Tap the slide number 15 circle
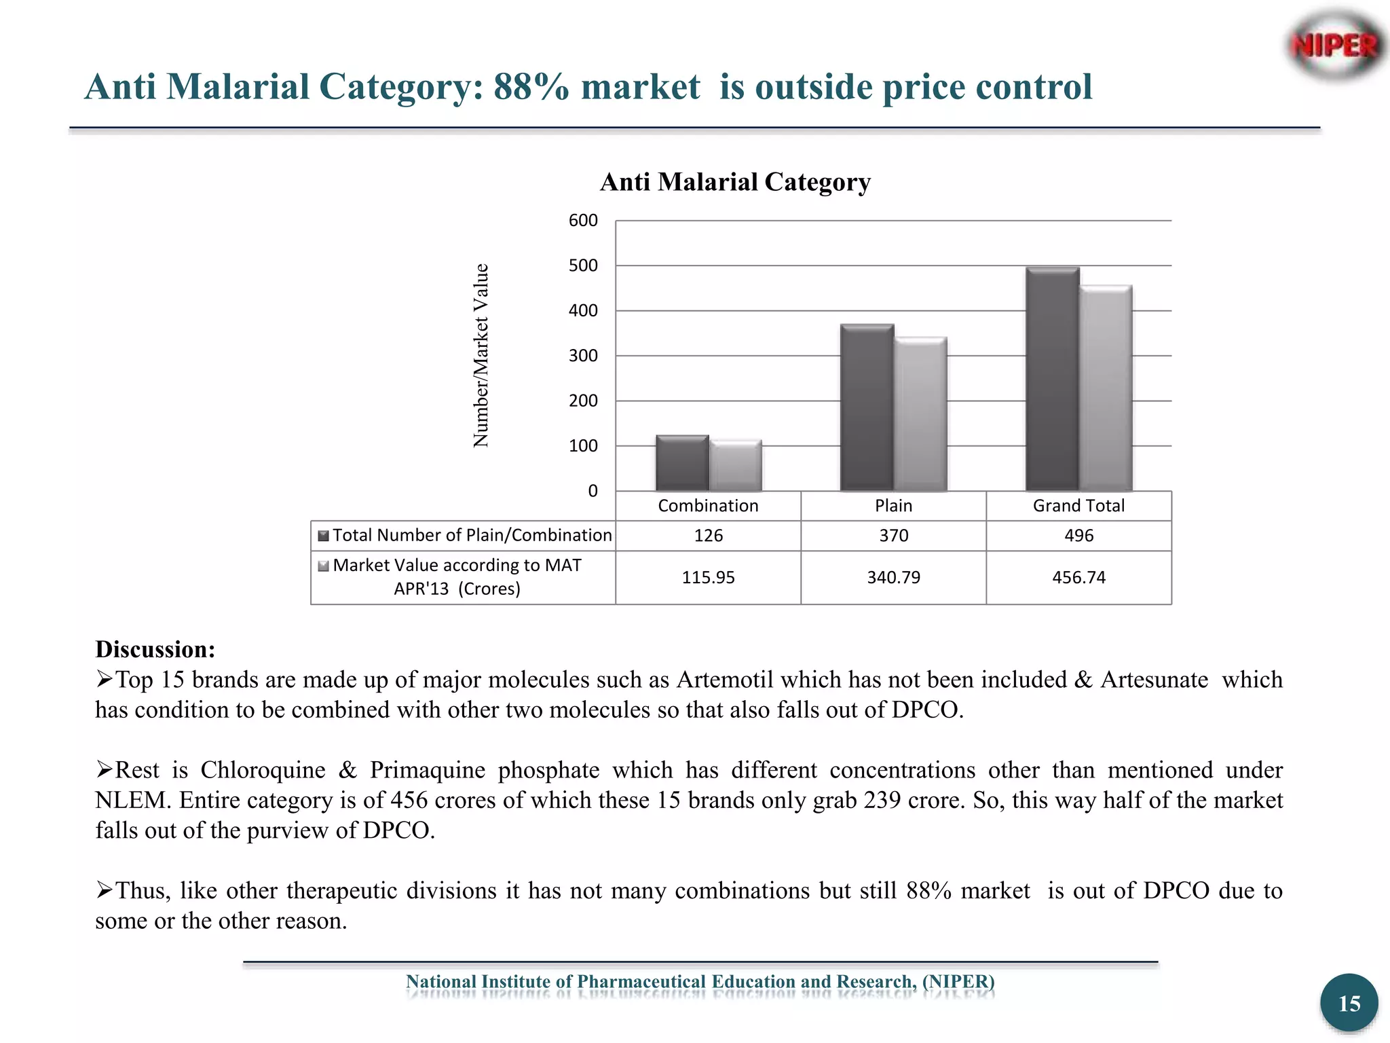pos(1349,1003)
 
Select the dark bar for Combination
pos(682,463)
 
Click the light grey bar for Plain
pos(920,414)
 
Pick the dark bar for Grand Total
pos(1052,379)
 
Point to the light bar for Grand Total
pos(1106,388)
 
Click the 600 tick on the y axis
pos(583,221)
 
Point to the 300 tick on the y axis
pos(583,356)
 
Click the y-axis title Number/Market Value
pos(481,355)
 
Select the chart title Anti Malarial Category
pos(735,182)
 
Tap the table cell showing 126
pos(708,536)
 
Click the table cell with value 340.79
pos(893,578)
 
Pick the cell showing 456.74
pos(1078,578)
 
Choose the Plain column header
pos(893,506)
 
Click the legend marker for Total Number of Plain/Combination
pos(324,536)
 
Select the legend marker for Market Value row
pos(324,566)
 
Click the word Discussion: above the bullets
pos(155,649)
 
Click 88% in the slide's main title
pos(531,87)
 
